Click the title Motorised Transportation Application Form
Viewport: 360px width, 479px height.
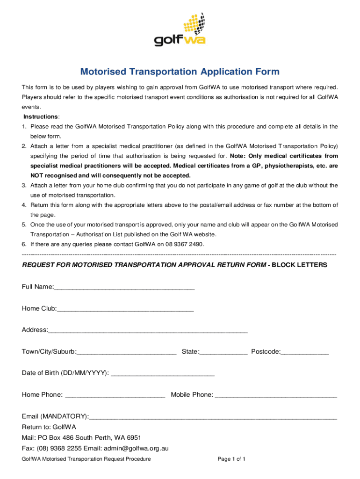point(180,72)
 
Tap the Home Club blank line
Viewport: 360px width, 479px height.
point(125,309)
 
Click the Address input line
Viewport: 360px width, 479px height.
point(147,331)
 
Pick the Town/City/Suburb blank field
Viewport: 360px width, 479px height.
point(127,352)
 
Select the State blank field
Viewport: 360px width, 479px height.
point(223,352)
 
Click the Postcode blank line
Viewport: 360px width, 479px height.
point(305,352)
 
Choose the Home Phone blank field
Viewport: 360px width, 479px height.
point(115,395)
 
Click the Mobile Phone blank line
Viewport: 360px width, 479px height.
point(276,395)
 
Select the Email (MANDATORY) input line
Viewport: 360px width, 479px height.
point(213,417)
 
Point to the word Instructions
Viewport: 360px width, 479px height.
point(41,116)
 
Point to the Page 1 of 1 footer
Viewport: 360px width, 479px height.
point(231,459)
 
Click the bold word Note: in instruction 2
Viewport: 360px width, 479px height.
point(238,156)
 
